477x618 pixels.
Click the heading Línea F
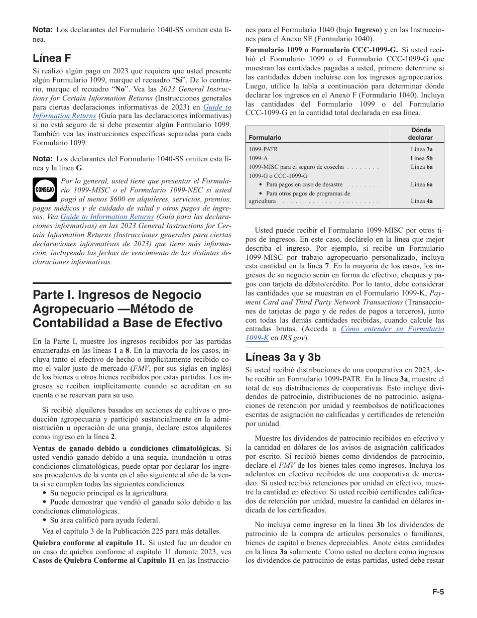[52, 58]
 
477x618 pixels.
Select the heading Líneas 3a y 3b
[283, 357]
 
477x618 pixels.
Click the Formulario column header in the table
[265, 137]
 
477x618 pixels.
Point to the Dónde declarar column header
[420, 134]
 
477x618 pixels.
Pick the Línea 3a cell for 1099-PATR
[421, 149]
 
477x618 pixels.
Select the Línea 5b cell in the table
[421, 158]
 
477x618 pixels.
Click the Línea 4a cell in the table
[421, 201]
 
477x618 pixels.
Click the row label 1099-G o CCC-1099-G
[278, 176]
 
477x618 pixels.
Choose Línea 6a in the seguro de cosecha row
[421, 167]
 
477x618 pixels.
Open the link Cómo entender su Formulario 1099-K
[392, 329]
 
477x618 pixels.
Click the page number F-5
[438, 592]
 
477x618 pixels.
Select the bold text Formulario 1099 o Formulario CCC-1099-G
[321, 49]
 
